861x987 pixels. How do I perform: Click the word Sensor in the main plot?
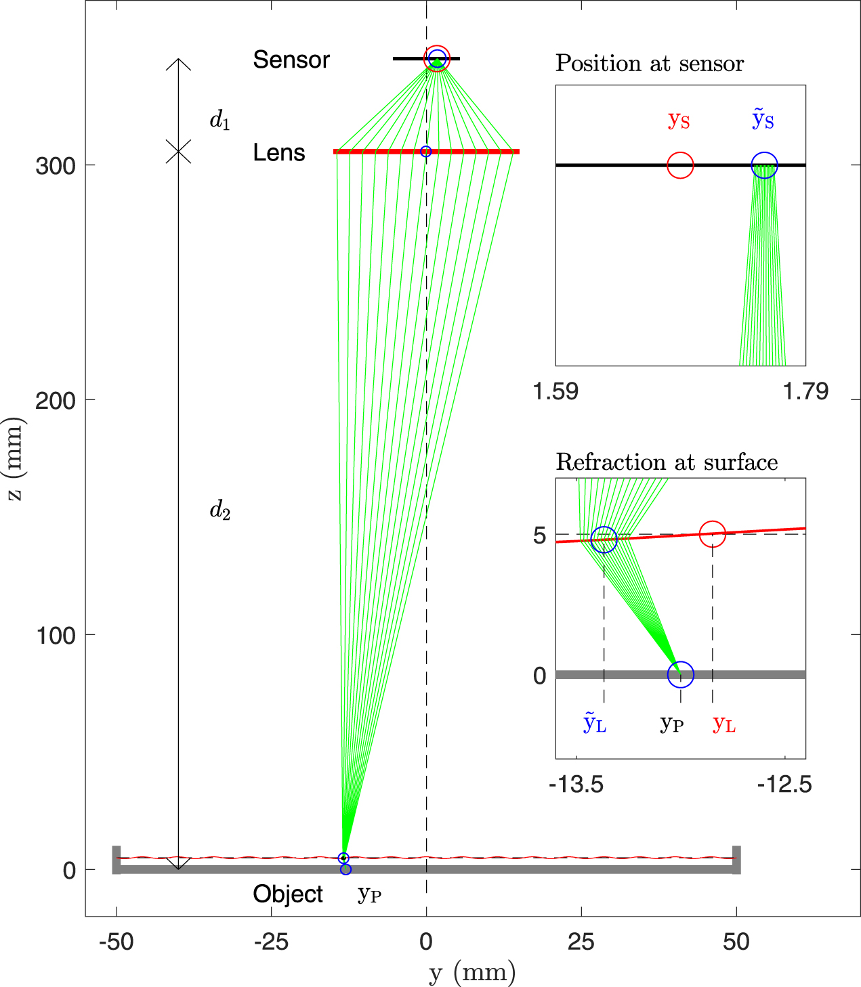coord(291,60)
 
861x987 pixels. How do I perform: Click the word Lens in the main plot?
coord(279,153)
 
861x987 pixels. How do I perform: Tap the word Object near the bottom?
coord(288,894)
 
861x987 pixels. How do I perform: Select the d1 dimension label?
coord(220,120)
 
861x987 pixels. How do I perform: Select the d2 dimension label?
coord(220,510)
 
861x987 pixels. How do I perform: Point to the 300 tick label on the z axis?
coord(56,166)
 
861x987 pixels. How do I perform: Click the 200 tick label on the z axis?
coord(56,400)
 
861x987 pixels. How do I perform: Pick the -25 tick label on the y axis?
coord(271,942)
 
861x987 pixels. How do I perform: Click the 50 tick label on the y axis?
coord(736,942)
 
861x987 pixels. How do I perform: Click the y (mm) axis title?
coord(472,973)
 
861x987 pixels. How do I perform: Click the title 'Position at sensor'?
coord(650,64)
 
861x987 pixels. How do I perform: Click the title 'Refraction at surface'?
coord(667,462)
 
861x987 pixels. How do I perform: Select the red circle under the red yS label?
coord(680,165)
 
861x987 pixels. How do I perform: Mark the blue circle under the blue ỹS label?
coord(765,165)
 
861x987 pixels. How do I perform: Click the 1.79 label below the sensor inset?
coord(805,391)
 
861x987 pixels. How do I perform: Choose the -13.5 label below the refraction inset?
coord(576,785)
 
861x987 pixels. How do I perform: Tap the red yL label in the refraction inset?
coord(724,724)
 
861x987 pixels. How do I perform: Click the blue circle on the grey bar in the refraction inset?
coord(681,674)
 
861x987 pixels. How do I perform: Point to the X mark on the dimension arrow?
coord(178,152)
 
